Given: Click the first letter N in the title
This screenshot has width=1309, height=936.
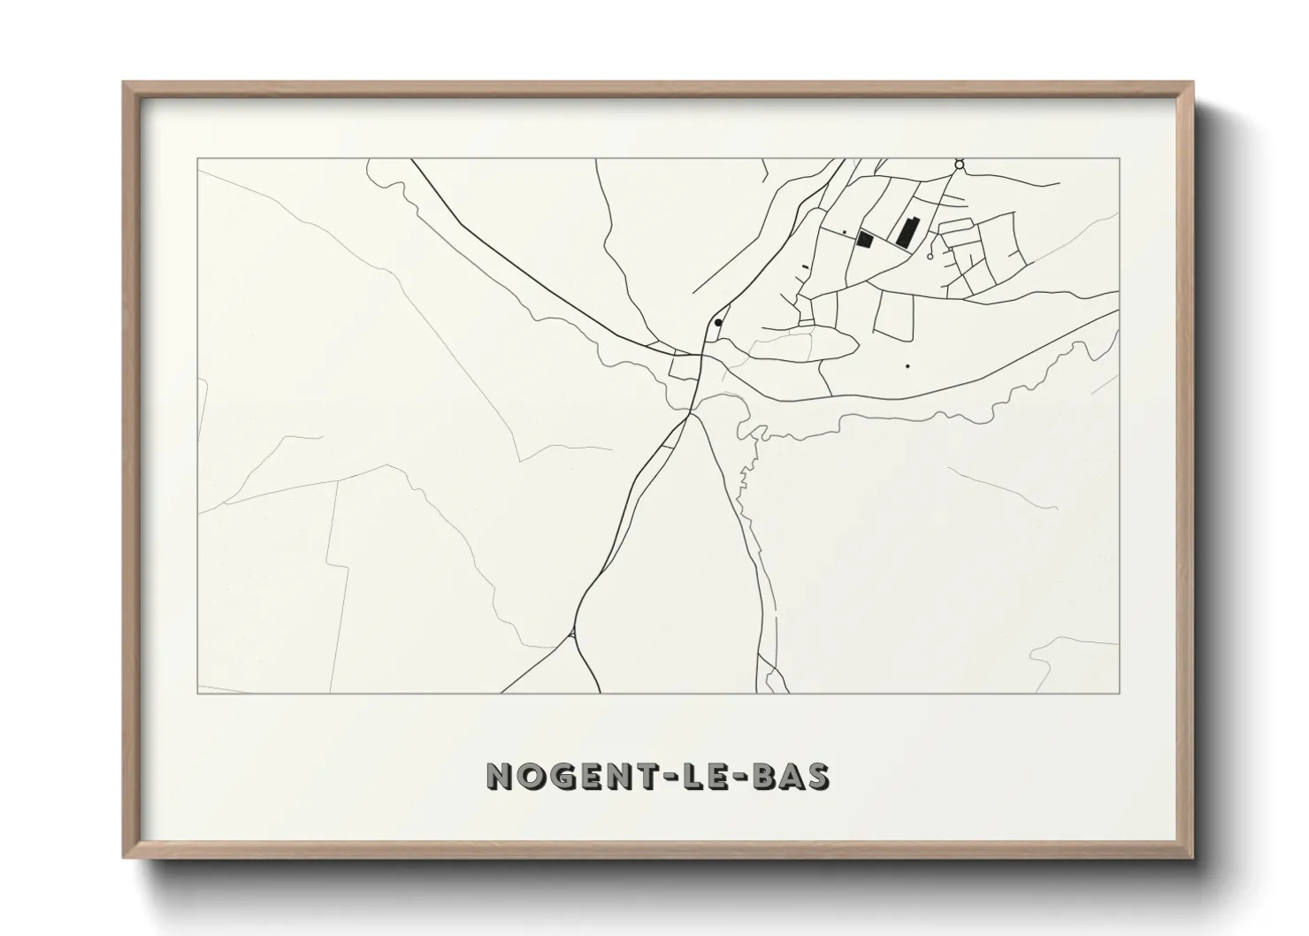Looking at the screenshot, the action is click(501, 776).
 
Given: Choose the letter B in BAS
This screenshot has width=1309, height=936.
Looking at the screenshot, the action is click(761, 776).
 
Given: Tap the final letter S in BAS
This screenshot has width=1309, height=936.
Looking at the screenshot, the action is click(818, 776).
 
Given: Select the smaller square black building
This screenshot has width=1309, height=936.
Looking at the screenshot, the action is click(866, 239).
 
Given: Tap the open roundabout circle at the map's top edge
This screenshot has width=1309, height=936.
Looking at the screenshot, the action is click(959, 165).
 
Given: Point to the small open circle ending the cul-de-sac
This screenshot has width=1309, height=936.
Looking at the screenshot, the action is click(930, 257).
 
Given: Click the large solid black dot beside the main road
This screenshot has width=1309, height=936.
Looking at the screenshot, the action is click(718, 323).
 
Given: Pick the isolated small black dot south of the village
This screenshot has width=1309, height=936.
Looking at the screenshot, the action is click(907, 365).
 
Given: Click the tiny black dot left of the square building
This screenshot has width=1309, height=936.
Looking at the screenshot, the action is click(844, 233).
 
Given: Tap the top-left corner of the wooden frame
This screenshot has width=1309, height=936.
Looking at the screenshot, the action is click(124, 83).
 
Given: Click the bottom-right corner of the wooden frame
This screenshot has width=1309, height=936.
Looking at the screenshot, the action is click(1192, 857).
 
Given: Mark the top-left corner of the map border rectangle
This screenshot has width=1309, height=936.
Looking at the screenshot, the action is click(197, 159).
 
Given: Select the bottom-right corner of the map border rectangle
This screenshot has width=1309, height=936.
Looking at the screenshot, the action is click(1120, 693).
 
